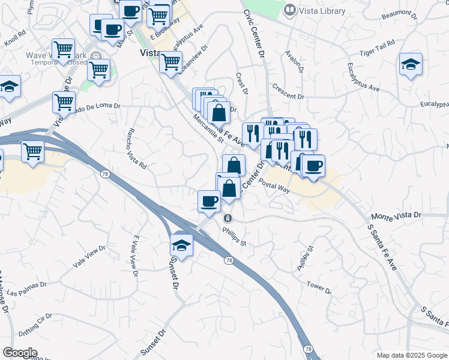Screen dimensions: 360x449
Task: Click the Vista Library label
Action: [x=322, y=11]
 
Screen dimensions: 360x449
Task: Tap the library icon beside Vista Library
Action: [x=290, y=10]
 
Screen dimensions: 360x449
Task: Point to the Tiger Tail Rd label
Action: [x=376, y=48]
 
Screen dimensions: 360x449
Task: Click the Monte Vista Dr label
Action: [x=397, y=215]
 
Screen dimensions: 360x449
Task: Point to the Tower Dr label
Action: [x=319, y=287]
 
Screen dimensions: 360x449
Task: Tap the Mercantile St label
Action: [x=208, y=128]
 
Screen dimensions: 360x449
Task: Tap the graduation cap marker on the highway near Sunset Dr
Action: [x=181, y=244]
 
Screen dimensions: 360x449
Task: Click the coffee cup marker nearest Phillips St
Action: [x=209, y=200]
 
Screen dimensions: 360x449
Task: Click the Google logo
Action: [x=20, y=353]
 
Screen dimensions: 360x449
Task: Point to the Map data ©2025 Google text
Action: [x=412, y=355]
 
